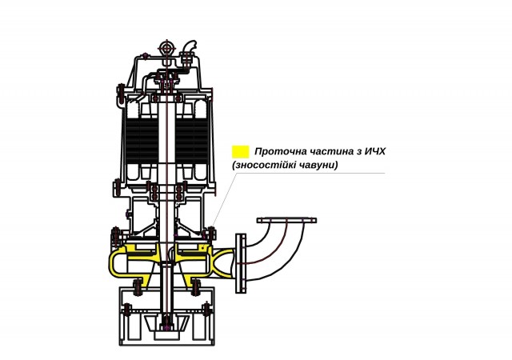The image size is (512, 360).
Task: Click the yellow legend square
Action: point(240,152)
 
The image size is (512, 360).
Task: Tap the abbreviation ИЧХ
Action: point(375,151)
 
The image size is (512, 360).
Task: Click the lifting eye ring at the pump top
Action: point(167,48)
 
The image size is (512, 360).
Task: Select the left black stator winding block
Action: point(142,140)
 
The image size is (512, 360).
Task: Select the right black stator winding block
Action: point(192,140)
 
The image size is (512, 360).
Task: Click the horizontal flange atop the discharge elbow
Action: point(286,221)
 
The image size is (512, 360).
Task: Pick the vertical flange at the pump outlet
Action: point(241,263)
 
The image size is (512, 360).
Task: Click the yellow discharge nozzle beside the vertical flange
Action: point(223,263)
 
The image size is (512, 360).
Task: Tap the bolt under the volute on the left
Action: point(138,287)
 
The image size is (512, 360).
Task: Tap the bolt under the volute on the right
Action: point(195,287)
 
